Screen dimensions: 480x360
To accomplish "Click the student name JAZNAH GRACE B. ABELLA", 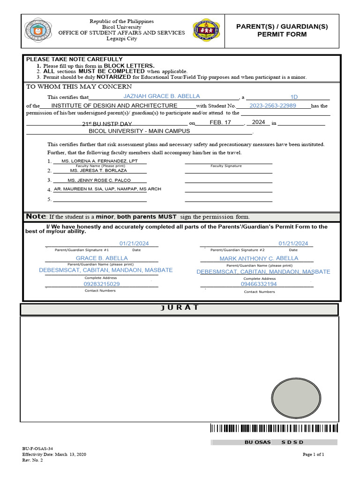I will click(x=161, y=96).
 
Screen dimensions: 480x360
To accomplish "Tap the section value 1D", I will click(x=294, y=97).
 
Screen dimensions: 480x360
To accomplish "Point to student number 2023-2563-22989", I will click(x=273, y=106).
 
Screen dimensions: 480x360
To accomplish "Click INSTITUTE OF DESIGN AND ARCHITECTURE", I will click(x=114, y=106).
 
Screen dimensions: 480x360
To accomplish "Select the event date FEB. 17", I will click(x=220, y=122).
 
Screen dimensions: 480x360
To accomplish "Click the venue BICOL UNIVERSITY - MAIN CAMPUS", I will click(x=139, y=131).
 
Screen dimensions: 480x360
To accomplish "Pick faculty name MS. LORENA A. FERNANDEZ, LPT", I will click(x=100, y=161).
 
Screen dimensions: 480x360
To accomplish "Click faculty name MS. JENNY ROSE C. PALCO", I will click(x=99, y=180).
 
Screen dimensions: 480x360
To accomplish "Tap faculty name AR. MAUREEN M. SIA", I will click(x=107, y=189).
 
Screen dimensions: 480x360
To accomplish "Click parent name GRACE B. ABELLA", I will click(x=102, y=258).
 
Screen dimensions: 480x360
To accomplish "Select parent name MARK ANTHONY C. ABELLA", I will click(x=259, y=258).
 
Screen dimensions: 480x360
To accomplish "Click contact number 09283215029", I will click(x=102, y=284).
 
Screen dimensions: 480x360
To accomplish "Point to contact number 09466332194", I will click(x=259, y=284).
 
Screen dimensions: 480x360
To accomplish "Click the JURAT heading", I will click(x=179, y=308).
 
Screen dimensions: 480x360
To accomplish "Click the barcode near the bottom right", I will click(x=274, y=428).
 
